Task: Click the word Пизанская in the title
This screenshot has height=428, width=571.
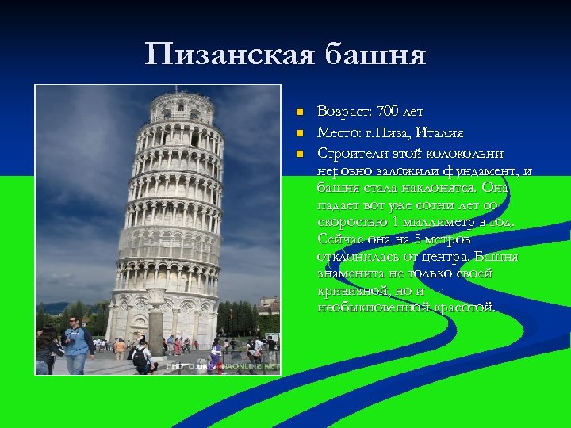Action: (x=229, y=55)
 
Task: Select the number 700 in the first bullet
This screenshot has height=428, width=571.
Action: (x=390, y=111)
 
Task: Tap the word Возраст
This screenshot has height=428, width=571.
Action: (x=344, y=111)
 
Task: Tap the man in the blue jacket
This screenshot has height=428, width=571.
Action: (x=76, y=342)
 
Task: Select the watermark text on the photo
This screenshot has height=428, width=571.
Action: (x=223, y=366)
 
